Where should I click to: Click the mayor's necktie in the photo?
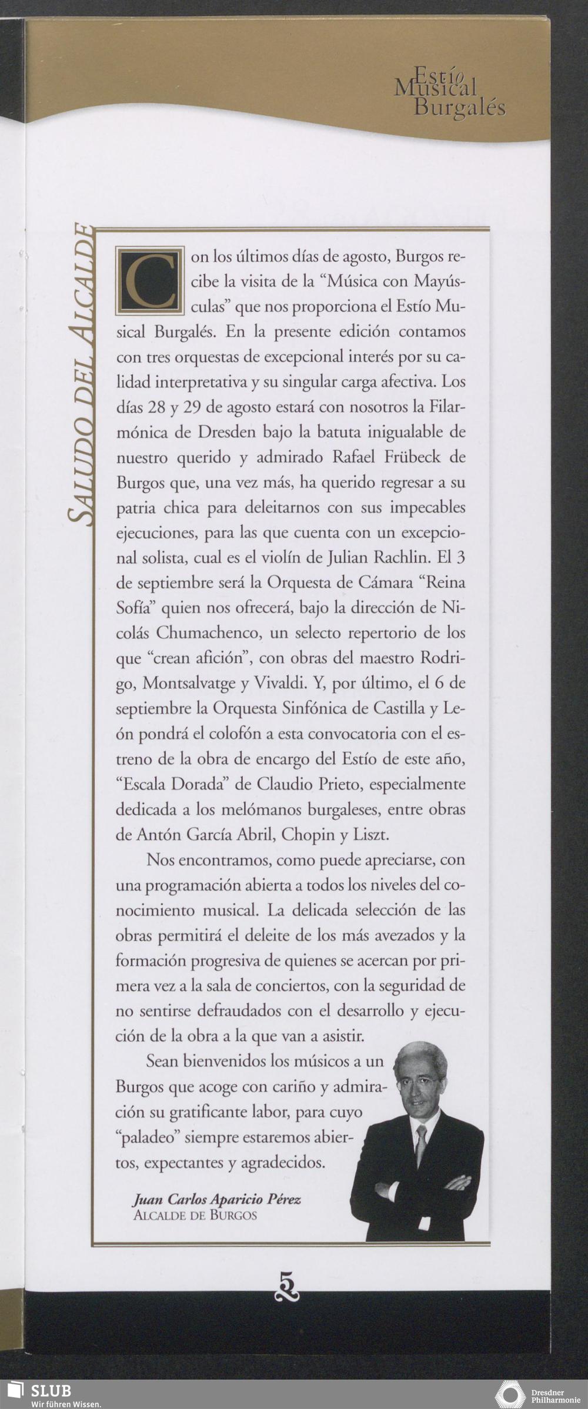pos(420,1145)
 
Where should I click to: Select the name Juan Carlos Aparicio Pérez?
pos(217,1199)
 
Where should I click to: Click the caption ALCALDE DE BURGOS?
pos(195,1215)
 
